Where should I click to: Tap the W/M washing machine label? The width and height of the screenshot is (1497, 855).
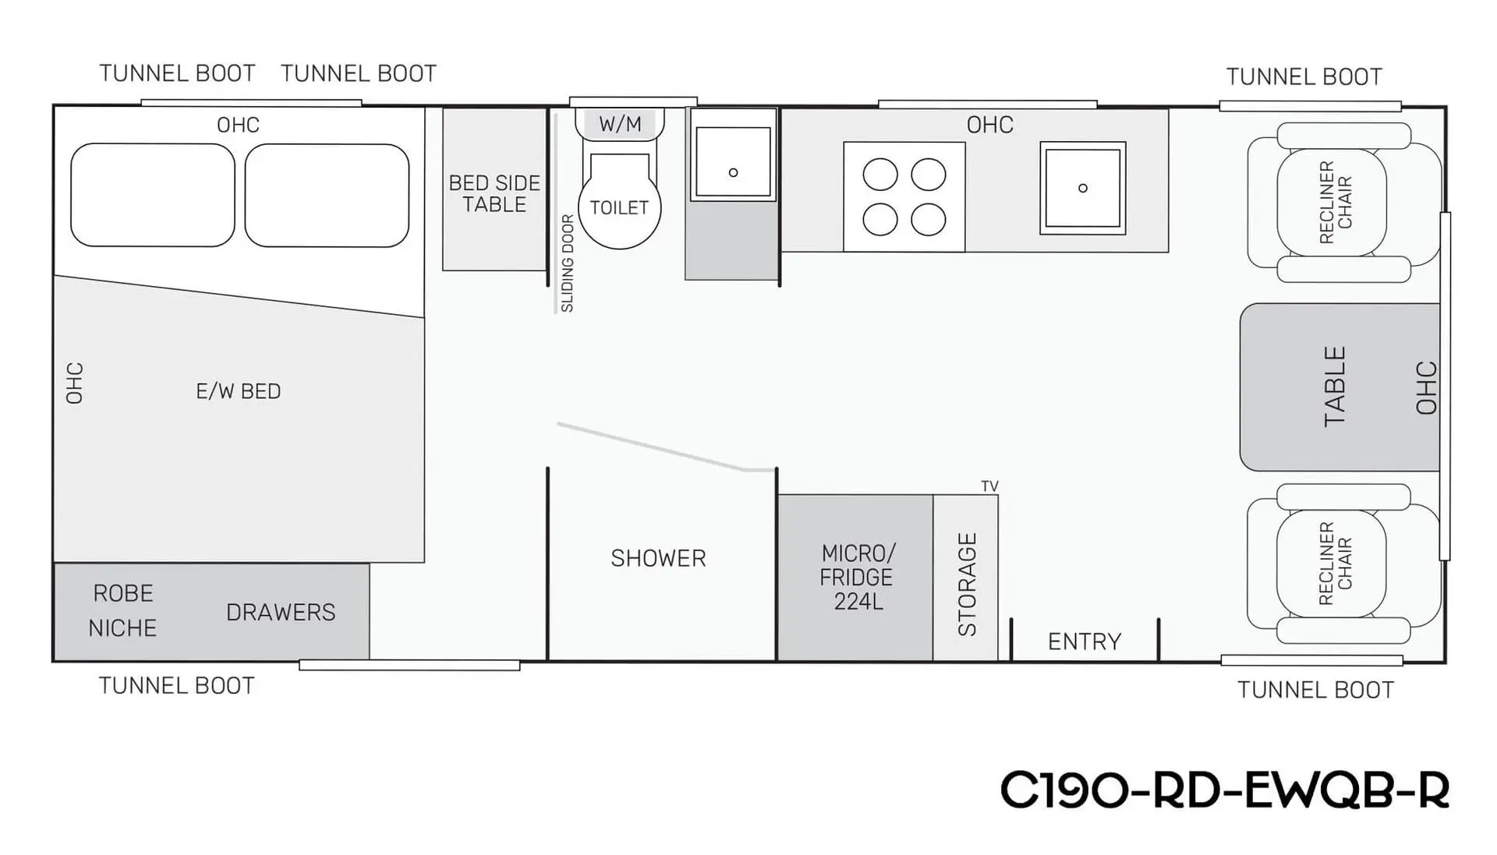point(620,124)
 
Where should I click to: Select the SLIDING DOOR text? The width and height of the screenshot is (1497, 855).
point(568,263)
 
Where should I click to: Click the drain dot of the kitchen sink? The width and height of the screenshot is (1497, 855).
point(1082,188)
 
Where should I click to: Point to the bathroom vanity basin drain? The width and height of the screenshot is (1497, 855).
point(733,172)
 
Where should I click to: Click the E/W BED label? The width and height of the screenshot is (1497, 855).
point(238,391)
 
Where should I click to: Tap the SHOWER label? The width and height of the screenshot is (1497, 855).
point(658,558)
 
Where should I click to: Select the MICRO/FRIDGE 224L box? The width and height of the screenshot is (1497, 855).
point(855,578)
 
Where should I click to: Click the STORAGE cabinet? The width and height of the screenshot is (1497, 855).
point(966,578)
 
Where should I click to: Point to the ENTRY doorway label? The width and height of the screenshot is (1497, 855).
point(1085,641)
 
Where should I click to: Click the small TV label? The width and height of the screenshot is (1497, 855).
point(989,486)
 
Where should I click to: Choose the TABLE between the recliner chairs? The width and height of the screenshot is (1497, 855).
point(1340,387)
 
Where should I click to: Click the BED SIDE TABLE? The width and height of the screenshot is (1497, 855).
point(494,189)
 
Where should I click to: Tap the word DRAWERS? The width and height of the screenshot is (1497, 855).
point(281,613)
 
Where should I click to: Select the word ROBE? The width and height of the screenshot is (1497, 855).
point(123,593)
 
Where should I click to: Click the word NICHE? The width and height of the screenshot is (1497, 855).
point(122,628)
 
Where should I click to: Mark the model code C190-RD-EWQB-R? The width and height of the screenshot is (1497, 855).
point(1224,790)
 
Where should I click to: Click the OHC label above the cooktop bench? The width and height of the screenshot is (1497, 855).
point(990,125)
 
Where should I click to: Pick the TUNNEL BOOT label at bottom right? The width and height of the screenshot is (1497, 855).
point(1315,690)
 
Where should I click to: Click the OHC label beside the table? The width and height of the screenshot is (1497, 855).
point(1426,387)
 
